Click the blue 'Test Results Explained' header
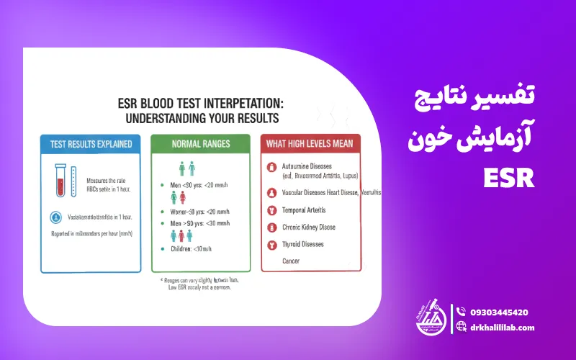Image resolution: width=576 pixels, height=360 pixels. pos(91,143)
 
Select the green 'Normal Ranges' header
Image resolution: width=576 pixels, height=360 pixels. pos(201,143)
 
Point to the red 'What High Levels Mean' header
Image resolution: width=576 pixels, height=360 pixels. pos(310,143)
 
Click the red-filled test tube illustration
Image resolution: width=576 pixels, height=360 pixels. pos(61,182)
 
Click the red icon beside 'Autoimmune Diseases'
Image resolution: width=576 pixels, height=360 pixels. pos(271,168)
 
